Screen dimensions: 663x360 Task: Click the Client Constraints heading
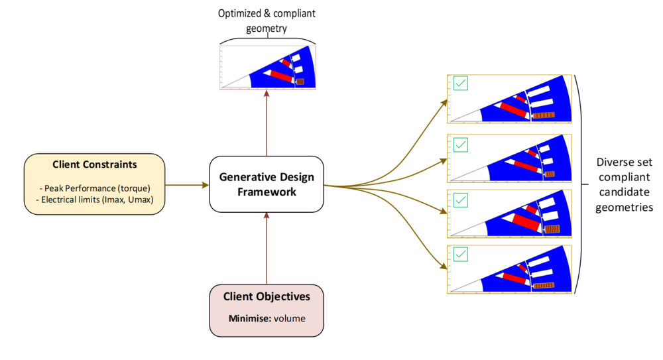coord(94,164)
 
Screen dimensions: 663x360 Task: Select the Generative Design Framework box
coord(267,184)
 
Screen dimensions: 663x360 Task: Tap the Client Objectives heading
coord(267,296)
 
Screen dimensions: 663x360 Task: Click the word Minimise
coord(250,318)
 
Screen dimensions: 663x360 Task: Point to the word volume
coord(290,318)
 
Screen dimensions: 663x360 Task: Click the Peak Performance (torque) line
coord(95,188)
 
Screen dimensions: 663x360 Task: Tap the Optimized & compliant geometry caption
coord(267,21)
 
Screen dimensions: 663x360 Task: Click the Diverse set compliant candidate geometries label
coord(624,184)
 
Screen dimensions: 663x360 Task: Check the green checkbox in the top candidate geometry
coord(461,84)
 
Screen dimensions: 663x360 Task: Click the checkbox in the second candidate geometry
coord(461,145)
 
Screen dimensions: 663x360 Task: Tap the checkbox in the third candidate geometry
coord(461,200)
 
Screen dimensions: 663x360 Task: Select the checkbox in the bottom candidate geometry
coord(461,254)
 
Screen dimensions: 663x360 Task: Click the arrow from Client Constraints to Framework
coord(187,185)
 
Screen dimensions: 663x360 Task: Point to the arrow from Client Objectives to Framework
coord(267,249)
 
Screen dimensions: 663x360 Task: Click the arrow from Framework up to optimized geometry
coord(267,123)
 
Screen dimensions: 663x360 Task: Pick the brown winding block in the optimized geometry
coord(300,82)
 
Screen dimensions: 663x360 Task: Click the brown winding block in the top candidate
coord(544,115)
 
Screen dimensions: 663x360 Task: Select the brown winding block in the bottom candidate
coord(544,286)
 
